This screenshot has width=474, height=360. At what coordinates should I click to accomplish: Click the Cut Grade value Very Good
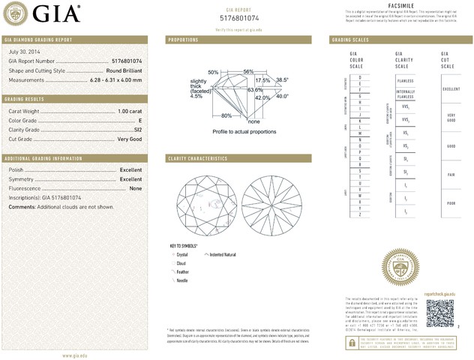pos(130,139)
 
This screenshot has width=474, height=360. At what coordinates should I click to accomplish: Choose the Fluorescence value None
pos(136,188)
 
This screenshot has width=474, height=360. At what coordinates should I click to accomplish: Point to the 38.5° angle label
pos(282,79)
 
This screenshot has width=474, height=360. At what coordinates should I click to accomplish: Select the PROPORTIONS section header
pos(183,39)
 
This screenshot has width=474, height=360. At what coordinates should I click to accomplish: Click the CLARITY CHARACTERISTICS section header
pos(198,159)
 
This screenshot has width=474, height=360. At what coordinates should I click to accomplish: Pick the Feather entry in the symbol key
pos(183,271)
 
